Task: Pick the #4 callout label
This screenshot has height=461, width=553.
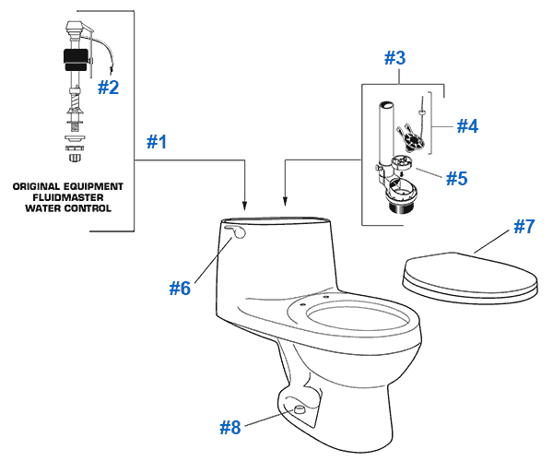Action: point(468,125)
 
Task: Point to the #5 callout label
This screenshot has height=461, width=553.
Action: point(457,178)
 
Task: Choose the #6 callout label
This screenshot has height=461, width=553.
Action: point(180,288)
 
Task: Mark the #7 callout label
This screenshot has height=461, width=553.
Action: point(523,226)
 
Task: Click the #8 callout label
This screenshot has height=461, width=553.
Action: point(231,427)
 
